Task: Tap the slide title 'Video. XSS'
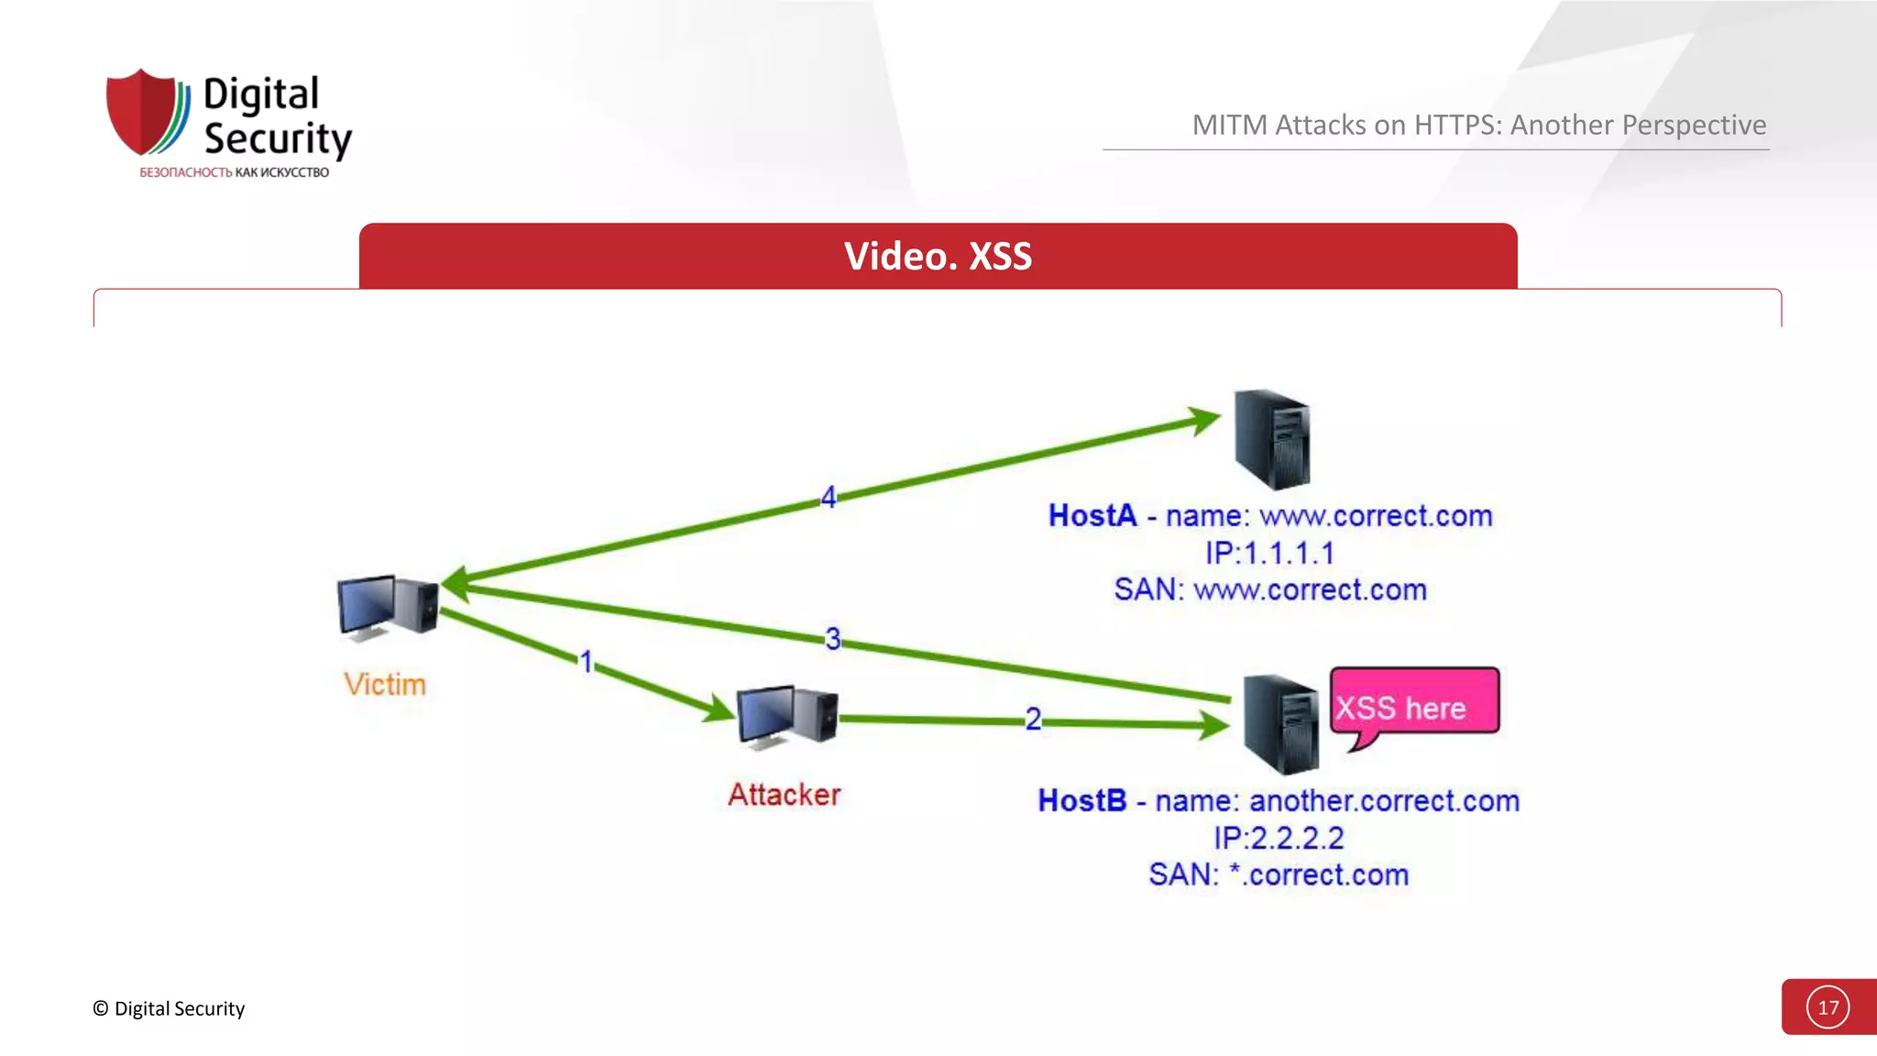[938, 257]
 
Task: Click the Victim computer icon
[387, 606]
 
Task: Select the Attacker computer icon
[786, 716]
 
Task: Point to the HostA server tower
[1272, 439]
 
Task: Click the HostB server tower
[1280, 723]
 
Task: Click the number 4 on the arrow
[829, 498]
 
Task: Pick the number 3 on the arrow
[832, 638]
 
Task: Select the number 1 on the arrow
[587, 661]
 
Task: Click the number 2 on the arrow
[1033, 719]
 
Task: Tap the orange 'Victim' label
[385, 685]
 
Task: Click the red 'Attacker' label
[785, 795]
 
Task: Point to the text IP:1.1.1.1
[1269, 553]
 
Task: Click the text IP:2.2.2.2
[1279, 838]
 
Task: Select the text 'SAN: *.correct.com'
[1279, 874]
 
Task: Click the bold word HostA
[1092, 515]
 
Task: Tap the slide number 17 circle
[1828, 1007]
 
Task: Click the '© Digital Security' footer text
[169, 1008]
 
